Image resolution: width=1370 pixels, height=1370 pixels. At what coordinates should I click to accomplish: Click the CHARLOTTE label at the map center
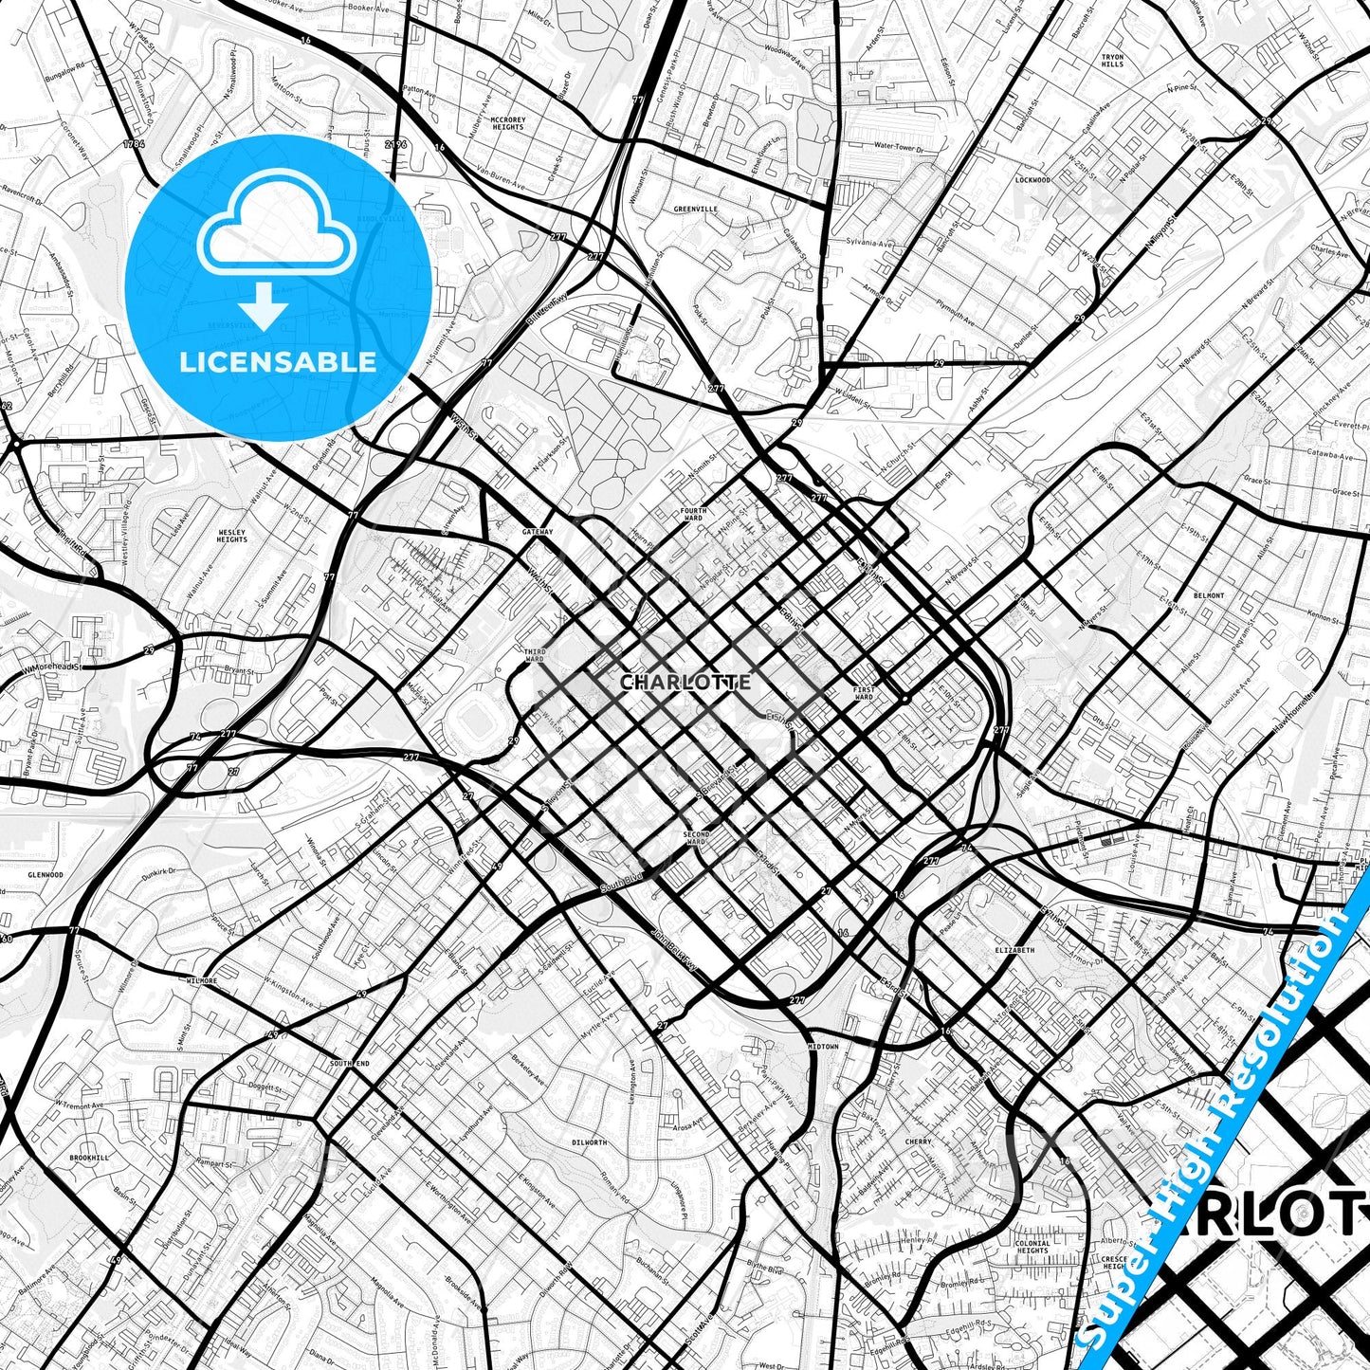pyautogui.click(x=685, y=682)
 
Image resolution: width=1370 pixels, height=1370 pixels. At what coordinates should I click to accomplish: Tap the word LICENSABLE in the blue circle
pyautogui.click(x=278, y=361)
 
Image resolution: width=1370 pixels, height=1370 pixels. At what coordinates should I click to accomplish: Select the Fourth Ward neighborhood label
pyautogui.click(x=693, y=514)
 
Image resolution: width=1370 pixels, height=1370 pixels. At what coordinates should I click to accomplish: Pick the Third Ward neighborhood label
pyautogui.click(x=535, y=656)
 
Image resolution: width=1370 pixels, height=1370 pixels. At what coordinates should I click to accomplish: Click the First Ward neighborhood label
pyautogui.click(x=863, y=692)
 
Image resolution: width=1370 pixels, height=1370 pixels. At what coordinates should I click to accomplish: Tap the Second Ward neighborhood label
pyautogui.click(x=695, y=838)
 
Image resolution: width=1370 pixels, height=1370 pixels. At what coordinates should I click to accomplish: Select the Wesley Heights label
pyautogui.click(x=232, y=536)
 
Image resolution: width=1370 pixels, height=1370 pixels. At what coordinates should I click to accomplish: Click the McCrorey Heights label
pyautogui.click(x=508, y=123)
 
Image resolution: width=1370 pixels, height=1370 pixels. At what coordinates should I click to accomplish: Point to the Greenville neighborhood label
pyautogui.click(x=695, y=209)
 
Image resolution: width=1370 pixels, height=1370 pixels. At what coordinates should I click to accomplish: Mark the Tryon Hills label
pyautogui.click(x=1112, y=61)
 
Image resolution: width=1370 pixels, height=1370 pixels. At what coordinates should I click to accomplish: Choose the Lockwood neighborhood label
pyautogui.click(x=1032, y=179)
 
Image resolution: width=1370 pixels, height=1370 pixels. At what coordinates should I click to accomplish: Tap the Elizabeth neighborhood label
pyautogui.click(x=1014, y=949)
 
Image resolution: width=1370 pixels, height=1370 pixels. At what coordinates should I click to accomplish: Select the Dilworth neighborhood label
pyautogui.click(x=590, y=1142)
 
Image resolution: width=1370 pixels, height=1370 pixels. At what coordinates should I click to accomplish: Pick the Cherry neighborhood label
pyautogui.click(x=918, y=1142)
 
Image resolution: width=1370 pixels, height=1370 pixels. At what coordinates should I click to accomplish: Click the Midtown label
pyautogui.click(x=823, y=1047)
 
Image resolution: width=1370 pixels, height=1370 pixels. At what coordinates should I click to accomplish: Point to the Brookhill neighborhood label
pyautogui.click(x=89, y=1158)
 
